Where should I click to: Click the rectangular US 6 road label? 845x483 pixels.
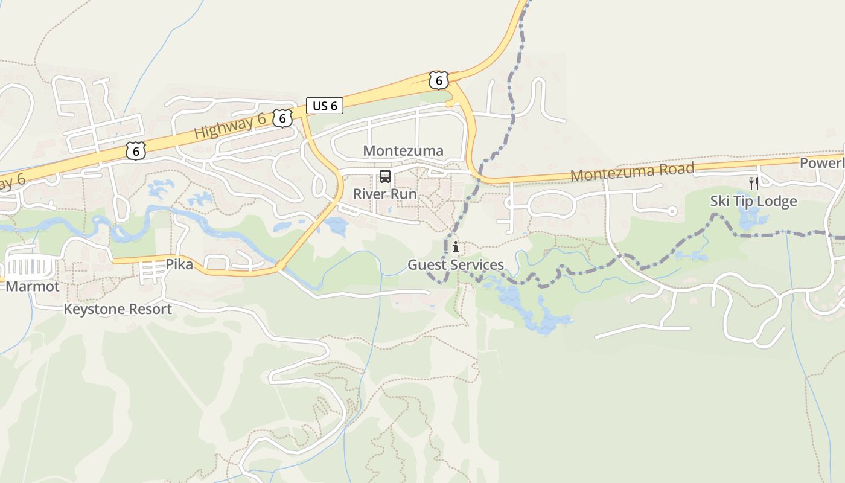325,106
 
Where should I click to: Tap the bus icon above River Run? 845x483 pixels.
384,176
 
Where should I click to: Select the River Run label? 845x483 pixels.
384,194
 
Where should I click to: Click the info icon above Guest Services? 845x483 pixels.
456,247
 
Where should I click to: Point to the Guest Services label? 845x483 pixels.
456,265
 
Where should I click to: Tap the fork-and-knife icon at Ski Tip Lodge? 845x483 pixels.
753,183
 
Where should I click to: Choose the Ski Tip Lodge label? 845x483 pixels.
753,201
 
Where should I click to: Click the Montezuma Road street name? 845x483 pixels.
633,171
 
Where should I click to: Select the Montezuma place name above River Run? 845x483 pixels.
403,150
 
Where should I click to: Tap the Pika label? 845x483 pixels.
179,264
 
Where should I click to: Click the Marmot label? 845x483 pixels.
33,286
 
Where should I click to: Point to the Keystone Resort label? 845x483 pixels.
118,310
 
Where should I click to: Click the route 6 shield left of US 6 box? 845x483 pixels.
282,118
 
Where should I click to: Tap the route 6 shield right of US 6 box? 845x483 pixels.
439,80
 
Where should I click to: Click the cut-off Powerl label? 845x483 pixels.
822,164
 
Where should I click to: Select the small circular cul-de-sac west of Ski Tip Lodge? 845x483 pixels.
672,211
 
